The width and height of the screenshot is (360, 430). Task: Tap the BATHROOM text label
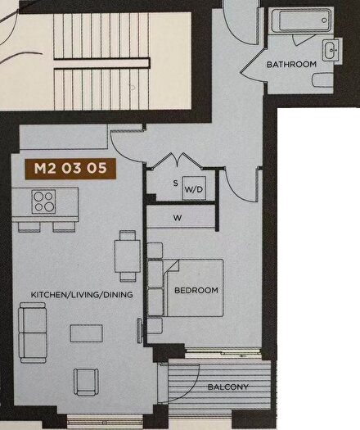coord(291,64)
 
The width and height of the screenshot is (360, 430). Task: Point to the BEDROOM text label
coord(196,290)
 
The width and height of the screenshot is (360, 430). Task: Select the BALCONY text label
coord(227,387)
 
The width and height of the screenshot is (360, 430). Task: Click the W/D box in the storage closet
coord(194,189)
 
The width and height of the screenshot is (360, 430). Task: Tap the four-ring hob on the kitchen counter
coord(44,201)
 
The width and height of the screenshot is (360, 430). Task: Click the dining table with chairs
coord(126,253)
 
